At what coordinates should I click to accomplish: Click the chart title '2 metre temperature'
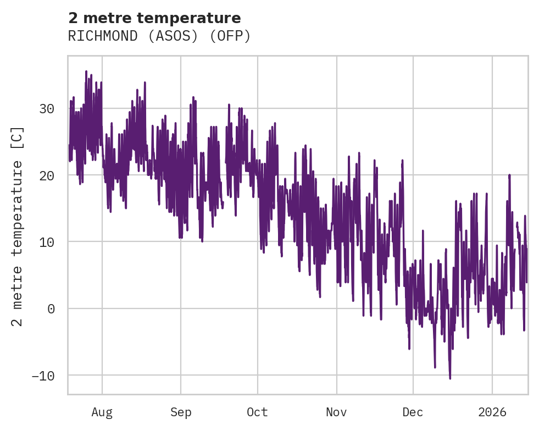[x=154, y=18]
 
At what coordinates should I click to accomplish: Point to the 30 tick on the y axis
[x=46, y=108]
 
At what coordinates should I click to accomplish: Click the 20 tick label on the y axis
[x=46, y=175]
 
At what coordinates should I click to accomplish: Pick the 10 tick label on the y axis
[x=46, y=242]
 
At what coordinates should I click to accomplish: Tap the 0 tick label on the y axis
[x=51, y=308]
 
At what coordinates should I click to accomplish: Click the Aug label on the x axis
[x=102, y=412]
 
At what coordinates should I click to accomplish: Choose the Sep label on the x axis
[x=180, y=412]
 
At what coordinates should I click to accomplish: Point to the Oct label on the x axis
[x=257, y=412]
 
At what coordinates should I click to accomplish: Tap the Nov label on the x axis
[x=336, y=412]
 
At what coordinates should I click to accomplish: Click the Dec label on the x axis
[x=413, y=412]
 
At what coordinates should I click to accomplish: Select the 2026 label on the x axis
[x=492, y=412]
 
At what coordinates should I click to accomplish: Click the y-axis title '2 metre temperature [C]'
[x=19, y=226]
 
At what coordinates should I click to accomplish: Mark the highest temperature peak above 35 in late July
[x=86, y=71]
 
